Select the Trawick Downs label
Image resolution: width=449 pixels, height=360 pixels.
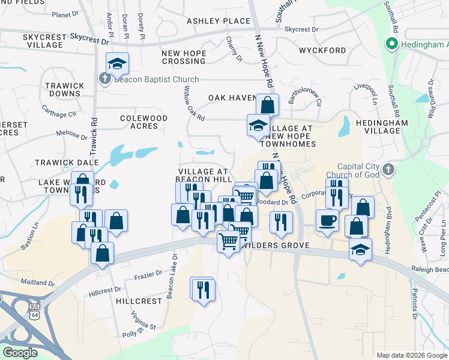click(64, 90)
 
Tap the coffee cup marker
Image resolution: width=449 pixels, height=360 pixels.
click(327, 221)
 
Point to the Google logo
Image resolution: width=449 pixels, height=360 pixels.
click(20, 352)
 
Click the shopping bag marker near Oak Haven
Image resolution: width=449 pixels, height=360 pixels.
click(267, 105)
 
